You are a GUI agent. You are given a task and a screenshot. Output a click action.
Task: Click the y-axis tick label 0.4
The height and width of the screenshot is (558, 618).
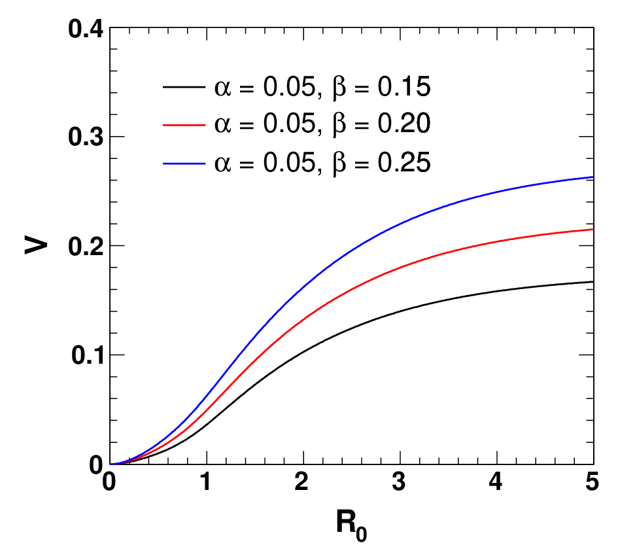click(86, 29)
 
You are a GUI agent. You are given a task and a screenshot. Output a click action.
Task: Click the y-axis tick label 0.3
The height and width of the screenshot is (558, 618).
click(86, 137)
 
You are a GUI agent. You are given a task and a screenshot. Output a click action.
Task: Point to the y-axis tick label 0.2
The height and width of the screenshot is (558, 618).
click(86, 247)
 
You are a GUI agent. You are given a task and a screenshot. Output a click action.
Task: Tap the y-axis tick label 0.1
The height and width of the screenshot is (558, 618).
click(87, 355)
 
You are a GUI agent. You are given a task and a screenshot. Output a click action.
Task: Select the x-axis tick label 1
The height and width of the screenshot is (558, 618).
click(205, 482)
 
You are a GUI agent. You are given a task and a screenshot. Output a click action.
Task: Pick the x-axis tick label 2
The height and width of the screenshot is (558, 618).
click(301, 482)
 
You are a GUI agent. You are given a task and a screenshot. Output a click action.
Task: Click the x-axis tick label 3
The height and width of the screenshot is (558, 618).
click(398, 482)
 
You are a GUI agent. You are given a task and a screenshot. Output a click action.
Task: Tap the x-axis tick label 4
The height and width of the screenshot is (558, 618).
click(496, 482)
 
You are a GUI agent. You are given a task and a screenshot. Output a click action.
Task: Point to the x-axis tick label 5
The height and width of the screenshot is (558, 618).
click(592, 482)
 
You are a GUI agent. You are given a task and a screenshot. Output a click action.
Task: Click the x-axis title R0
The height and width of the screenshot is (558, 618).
click(351, 525)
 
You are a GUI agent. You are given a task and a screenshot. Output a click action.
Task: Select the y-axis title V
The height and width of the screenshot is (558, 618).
click(36, 245)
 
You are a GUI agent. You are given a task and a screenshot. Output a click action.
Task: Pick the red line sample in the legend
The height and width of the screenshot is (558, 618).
click(184, 124)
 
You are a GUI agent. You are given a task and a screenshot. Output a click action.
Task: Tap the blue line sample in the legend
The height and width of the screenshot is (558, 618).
click(184, 163)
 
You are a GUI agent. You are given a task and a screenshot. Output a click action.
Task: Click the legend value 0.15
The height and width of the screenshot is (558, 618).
click(404, 87)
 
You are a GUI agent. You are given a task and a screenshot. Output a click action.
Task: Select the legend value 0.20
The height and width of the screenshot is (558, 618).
click(404, 124)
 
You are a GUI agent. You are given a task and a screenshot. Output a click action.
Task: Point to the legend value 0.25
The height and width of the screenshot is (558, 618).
click(404, 162)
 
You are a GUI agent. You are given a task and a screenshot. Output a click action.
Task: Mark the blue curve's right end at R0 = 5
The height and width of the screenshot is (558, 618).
click(593, 177)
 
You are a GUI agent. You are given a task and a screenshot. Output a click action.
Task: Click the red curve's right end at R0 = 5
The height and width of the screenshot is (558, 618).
click(593, 229)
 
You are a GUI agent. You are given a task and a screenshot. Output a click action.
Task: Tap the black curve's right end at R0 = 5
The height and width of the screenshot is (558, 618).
click(593, 281)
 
